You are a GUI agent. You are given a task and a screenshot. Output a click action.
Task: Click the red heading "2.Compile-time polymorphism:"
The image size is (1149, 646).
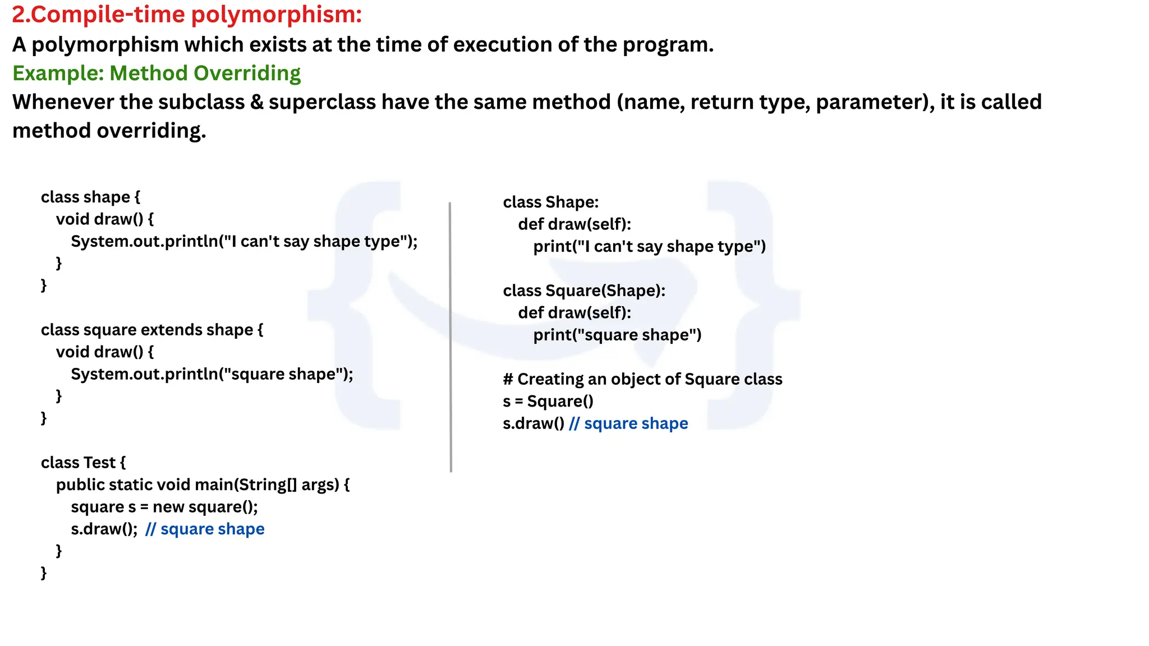[x=187, y=15]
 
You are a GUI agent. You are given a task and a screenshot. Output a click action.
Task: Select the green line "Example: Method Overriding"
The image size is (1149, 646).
[x=157, y=73]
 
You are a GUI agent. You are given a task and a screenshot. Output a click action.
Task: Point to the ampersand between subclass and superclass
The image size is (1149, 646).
[x=256, y=102]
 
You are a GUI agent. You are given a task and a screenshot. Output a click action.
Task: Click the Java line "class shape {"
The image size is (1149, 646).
[x=90, y=197]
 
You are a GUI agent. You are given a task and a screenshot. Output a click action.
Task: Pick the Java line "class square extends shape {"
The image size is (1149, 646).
[x=151, y=330]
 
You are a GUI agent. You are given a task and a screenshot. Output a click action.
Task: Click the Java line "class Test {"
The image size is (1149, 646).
[x=83, y=463]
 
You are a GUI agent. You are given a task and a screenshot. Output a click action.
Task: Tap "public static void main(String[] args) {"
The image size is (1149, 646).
[x=203, y=484]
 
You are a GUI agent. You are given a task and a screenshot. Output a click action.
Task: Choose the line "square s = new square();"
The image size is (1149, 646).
[x=164, y=507]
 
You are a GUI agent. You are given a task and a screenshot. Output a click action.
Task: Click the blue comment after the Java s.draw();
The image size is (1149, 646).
[x=205, y=529]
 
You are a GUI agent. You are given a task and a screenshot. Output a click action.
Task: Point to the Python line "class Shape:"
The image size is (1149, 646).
[x=550, y=202]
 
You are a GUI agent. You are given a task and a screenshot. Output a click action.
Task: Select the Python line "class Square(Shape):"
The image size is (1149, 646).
[x=583, y=290]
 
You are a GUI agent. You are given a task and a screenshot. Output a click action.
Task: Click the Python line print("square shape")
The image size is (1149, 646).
[x=617, y=335]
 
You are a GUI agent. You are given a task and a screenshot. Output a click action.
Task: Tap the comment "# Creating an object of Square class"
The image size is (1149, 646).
[x=642, y=380]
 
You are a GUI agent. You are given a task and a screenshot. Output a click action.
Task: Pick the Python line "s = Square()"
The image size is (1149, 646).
[x=548, y=402]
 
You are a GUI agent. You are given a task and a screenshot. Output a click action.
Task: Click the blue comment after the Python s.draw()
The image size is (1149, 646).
[x=628, y=423]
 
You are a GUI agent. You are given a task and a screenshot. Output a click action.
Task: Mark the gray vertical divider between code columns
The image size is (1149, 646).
[x=451, y=336]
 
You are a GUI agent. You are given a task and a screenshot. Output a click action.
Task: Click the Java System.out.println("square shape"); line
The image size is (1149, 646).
[x=212, y=374]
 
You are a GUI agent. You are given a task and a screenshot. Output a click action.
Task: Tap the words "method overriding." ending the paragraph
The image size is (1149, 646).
[x=109, y=131]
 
